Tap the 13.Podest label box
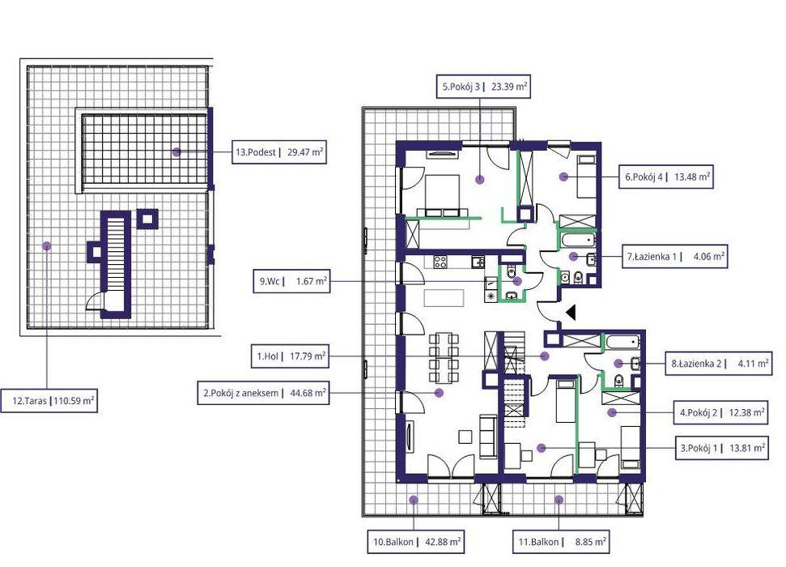[x=278, y=152]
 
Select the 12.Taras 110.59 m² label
[x=49, y=401]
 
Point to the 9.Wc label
[x=291, y=281]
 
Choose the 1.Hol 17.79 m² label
[x=290, y=356]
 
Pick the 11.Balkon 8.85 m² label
[x=561, y=542]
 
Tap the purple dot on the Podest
[x=176, y=151]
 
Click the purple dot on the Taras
[x=47, y=246]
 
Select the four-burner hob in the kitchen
[x=440, y=262]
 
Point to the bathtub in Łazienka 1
[x=578, y=240]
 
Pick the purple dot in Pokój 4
[x=563, y=177]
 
